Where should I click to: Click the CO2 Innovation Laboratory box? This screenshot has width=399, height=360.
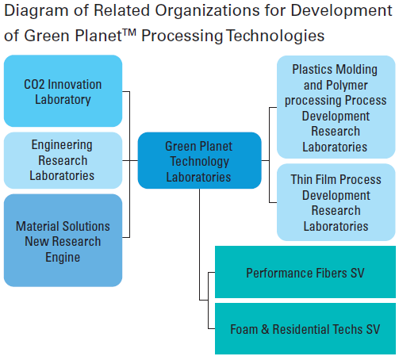[63, 91]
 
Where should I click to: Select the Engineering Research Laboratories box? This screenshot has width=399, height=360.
[63, 160]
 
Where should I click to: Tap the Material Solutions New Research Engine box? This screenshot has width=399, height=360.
[63, 240]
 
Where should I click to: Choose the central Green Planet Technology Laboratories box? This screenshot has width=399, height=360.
[200, 160]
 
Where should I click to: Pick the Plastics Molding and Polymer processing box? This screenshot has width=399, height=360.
[336, 107]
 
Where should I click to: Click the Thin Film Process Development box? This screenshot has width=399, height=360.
[336, 202]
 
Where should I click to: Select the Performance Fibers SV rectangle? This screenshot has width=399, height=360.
[305, 272]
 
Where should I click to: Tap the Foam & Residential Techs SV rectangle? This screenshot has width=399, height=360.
[305, 328]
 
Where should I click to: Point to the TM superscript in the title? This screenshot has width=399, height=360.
[129, 33]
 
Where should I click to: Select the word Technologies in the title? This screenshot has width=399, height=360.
[275, 36]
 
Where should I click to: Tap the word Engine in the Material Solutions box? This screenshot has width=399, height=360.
[63, 258]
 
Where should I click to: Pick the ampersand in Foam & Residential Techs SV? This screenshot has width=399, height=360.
[265, 330]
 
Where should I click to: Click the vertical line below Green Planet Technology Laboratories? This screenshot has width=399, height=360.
[200, 244]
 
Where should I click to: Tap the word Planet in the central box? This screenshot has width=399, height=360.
[216, 146]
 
